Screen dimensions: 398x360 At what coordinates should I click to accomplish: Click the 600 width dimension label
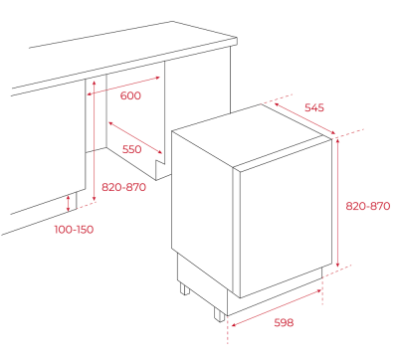(x=130, y=95)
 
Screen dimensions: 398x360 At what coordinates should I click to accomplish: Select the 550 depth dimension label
(x=132, y=149)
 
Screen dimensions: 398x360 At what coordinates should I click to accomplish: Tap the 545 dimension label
(x=314, y=107)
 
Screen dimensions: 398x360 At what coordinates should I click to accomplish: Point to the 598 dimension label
(x=284, y=322)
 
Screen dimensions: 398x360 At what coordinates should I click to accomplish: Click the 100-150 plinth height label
(x=74, y=230)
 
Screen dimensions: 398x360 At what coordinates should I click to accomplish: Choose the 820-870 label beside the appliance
(x=368, y=206)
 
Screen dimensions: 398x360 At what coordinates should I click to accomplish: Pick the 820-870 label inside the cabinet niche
(x=123, y=187)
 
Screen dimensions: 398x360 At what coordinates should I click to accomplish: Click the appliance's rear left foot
(x=185, y=288)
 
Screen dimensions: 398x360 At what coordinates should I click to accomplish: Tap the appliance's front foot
(x=219, y=314)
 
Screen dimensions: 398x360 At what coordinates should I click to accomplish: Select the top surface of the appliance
(x=252, y=135)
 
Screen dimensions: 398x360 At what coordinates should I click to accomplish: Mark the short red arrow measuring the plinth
(x=69, y=203)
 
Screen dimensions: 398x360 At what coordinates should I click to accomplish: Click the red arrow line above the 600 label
(x=123, y=87)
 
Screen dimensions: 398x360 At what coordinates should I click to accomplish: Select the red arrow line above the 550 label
(x=135, y=138)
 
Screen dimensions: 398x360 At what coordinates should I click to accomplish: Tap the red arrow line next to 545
(x=305, y=118)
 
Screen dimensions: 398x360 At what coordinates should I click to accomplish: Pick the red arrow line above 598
(x=277, y=308)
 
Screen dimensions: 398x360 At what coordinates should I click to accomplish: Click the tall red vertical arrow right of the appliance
(x=337, y=203)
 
